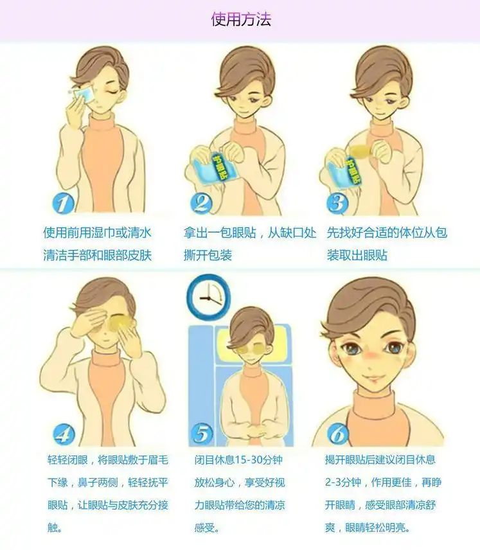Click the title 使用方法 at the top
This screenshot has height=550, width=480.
pyautogui.click(x=241, y=19)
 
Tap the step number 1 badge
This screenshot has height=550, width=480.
pyautogui.click(x=64, y=204)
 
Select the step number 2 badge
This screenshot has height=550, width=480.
pyautogui.click(x=202, y=203)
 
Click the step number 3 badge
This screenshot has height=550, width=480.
pyautogui.click(x=337, y=203)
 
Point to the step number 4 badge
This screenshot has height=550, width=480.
pyautogui.click(x=64, y=434)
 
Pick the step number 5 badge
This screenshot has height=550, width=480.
pyautogui.click(x=202, y=434)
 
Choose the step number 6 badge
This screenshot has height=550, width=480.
pyautogui.click(x=338, y=434)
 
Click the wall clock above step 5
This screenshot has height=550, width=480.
pyautogui.click(x=208, y=296)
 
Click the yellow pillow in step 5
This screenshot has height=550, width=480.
pyautogui.click(x=253, y=346)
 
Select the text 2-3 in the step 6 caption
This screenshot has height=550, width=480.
pyautogui.click(x=333, y=483)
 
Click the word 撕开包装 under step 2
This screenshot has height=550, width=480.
pyautogui.click(x=208, y=255)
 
